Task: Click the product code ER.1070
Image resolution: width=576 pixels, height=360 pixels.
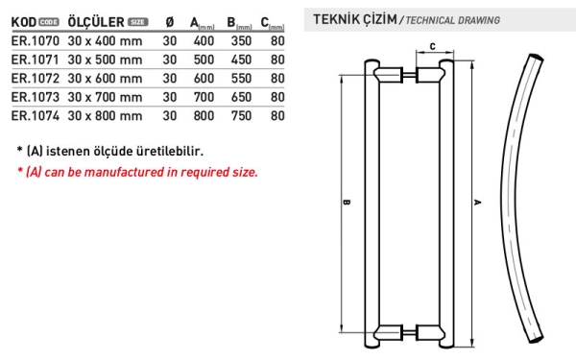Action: [x=36, y=40]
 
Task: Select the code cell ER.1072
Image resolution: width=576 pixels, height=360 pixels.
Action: [x=36, y=79]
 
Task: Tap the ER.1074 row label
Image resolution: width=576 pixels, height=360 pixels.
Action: [x=36, y=116]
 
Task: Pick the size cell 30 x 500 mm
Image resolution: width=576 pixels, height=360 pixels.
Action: [x=105, y=60]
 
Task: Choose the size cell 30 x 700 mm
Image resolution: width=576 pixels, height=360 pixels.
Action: [x=105, y=97]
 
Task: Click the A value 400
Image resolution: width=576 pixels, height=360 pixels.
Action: [x=204, y=40]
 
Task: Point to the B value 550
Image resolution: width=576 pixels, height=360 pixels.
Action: [x=241, y=79]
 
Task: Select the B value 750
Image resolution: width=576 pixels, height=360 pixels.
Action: [x=241, y=116]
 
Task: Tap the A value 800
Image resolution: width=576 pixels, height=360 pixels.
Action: [x=204, y=116]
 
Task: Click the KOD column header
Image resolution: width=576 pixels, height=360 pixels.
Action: [x=24, y=22]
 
